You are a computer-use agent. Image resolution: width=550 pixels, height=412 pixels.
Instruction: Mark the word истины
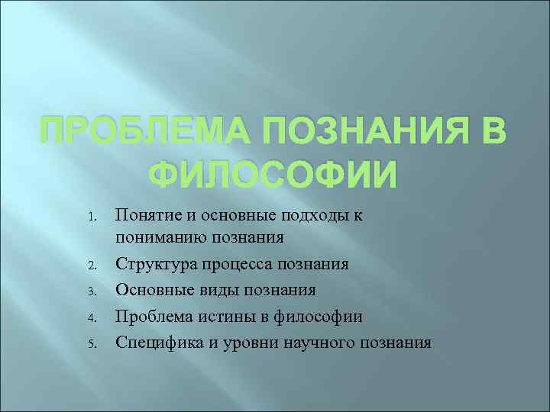[222, 316]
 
